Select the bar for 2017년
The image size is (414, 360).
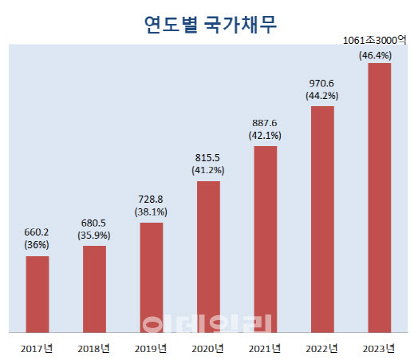click(37, 293)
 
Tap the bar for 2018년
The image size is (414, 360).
click(94, 288)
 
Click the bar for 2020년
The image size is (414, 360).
click(208, 255)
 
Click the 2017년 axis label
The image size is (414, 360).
click(37, 347)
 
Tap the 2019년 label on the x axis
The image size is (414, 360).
click(151, 347)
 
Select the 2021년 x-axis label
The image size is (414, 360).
click(265, 347)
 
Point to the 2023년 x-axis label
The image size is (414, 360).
click(379, 347)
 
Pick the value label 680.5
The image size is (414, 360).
click(94, 224)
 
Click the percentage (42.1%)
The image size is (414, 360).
click(265, 136)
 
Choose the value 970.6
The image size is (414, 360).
click(322, 83)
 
